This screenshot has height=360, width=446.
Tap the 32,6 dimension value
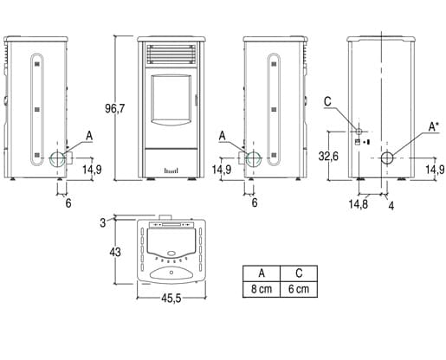tap(328, 156)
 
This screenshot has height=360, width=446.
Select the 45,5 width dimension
tap(171, 299)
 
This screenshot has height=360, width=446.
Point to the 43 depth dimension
tap(115, 253)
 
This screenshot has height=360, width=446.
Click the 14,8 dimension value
tap(359, 204)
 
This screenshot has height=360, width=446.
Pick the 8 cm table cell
tap(262, 289)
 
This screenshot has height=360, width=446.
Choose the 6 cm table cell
tap(299, 289)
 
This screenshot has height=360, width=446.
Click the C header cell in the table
tap(299, 273)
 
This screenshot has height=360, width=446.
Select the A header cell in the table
tap(262, 273)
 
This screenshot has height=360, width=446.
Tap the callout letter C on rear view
tap(327, 102)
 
